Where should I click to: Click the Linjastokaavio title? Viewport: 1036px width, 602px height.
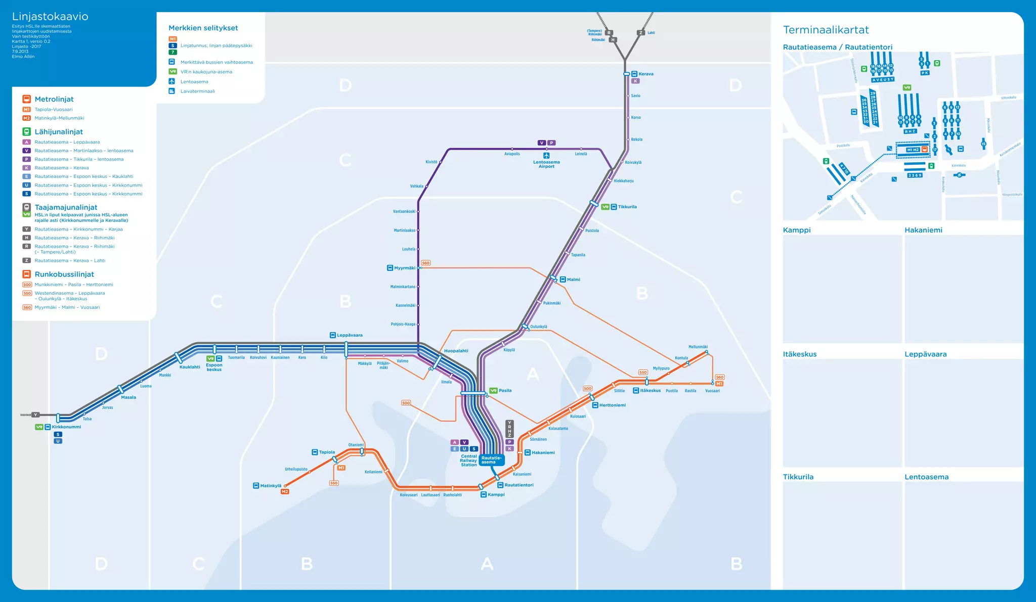pyautogui.click(x=50, y=17)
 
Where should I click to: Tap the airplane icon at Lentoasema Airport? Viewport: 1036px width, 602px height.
pyautogui.click(x=546, y=156)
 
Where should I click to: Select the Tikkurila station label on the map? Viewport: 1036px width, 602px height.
pyautogui.click(x=627, y=207)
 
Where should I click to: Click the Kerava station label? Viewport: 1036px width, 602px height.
pyautogui.click(x=645, y=74)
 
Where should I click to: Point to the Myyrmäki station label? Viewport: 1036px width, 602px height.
pyautogui.click(x=404, y=268)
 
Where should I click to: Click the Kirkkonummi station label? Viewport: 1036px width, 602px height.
pyautogui.click(x=66, y=427)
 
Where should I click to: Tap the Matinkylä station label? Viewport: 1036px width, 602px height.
pyautogui.click(x=271, y=486)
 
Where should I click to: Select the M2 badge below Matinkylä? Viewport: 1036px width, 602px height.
pyautogui.click(x=285, y=492)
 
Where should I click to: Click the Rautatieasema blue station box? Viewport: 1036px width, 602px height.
pyautogui.click(x=491, y=460)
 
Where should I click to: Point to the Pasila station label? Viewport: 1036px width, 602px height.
pyautogui.click(x=505, y=391)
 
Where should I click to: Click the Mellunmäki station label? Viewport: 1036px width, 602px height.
pyautogui.click(x=698, y=347)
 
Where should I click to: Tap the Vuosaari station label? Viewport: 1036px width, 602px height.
pyautogui.click(x=712, y=391)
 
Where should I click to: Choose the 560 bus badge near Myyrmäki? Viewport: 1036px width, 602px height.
pyautogui.click(x=425, y=263)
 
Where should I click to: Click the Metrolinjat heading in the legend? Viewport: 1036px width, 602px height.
pyautogui.click(x=54, y=99)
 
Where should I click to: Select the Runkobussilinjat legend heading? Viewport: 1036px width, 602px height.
pyautogui.click(x=64, y=274)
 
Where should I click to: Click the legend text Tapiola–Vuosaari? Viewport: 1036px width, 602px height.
pyautogui.click(x=54, y=110)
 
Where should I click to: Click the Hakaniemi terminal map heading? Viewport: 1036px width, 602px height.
pyautogui.click(x=923, y=230)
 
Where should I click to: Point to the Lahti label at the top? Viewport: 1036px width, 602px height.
pyautogui.click(x=651, y=33)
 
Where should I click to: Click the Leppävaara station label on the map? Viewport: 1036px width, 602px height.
pyautogui.click(x=350, y=335)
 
